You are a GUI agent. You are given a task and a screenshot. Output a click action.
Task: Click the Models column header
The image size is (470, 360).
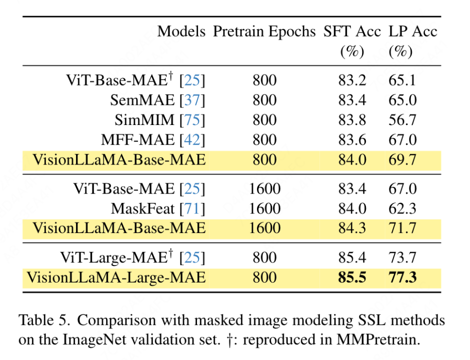(181, 31)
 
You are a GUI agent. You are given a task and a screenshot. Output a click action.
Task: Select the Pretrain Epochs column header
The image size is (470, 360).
(264, 31)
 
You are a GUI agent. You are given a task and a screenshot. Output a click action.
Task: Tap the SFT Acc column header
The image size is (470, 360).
(352, 31)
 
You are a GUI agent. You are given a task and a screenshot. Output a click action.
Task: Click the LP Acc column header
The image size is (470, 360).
(412, 31)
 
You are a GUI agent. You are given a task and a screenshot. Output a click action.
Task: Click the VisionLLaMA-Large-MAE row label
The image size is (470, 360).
(116, 277)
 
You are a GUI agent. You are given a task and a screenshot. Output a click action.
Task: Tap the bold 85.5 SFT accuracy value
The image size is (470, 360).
(352, 277)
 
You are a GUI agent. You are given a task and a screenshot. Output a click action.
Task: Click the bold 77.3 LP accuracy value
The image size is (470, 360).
(402, 277)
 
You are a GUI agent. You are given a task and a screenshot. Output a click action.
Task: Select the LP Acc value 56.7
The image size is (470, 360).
(402, 120)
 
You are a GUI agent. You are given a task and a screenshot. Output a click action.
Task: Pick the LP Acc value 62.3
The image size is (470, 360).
(402, 208)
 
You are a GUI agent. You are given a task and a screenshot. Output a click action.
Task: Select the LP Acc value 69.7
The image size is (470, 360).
(402, 160)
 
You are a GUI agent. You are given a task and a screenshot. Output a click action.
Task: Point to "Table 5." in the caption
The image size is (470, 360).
(42, 320)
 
